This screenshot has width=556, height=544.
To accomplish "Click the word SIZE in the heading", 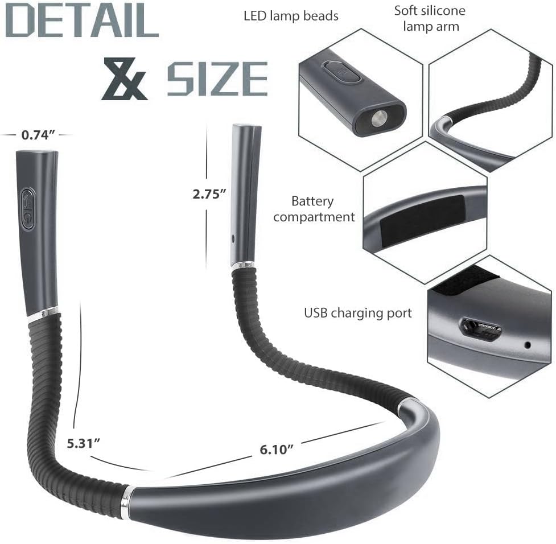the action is click(217, 79).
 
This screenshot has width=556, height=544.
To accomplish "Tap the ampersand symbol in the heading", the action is click(123, 79).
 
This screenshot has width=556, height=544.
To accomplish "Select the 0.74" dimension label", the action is click(38, 135).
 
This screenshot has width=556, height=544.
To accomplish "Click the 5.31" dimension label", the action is click(84, 443).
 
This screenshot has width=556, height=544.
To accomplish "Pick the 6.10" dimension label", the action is click(277, 450).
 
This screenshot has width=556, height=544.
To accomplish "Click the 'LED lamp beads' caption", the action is click(291, 16).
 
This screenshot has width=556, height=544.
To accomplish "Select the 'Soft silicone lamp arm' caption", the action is click(430, 18).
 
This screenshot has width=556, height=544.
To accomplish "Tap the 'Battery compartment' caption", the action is click(314, 209).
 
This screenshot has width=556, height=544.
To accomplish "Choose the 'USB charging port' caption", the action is click(358, 313).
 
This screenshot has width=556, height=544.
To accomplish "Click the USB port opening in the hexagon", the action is click(481, 329).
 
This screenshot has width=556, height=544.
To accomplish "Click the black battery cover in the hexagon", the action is click(422, 219).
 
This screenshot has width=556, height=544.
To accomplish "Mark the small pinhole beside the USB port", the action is click(528, 345).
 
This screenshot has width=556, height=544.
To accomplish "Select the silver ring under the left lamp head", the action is click(43, 312).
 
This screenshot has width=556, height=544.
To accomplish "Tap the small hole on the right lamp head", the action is click(233, 238).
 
